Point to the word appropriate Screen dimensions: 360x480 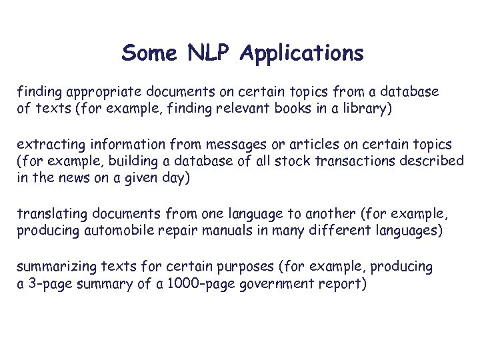96,91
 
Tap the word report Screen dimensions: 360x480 345,283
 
